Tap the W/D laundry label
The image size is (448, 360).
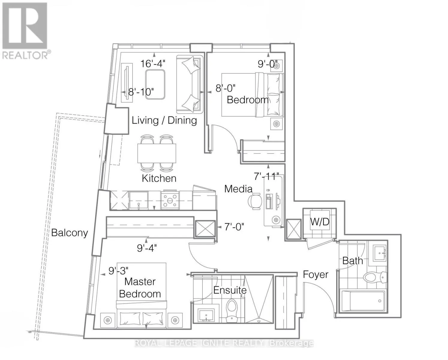click(x=320, y=222)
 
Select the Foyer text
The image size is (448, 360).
click(x=315, y=274)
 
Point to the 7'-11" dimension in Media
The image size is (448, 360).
click(x=266, y=176)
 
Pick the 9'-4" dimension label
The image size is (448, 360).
click(x=147, y=248)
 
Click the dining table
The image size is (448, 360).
click(x=157, y=153)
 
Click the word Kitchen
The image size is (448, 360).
click(x=159, y=178)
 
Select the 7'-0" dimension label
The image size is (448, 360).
click(x=234, y=227)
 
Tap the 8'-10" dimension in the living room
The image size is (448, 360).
click(x=141, y=92)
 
